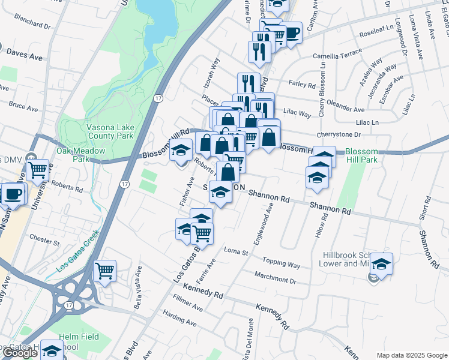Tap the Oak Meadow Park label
coord(76,155)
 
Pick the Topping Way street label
coord(282,263)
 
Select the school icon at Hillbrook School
coord(381,263)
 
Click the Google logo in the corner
coord(20,353)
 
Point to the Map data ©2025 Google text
coord(412,355)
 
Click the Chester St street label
coord(45,243)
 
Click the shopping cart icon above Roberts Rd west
coord(38,170)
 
